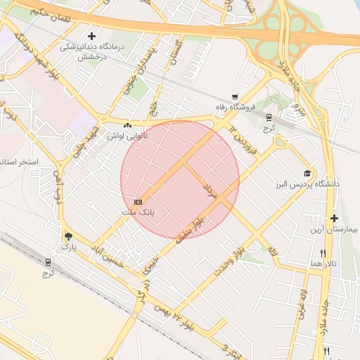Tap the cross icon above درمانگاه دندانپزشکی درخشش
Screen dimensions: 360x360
[x=91, y=36]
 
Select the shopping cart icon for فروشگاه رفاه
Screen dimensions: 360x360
[x=235, y=98]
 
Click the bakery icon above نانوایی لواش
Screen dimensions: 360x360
[x=127, y=126]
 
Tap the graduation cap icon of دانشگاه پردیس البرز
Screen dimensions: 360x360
[x=307, y=173]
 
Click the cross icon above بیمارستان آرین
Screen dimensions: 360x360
[x=334, y=219]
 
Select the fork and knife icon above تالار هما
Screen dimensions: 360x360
[x=323, y=253]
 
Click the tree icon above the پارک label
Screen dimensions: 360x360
[x=68, y=237]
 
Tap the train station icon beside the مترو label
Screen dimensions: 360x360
[x=269, y=116]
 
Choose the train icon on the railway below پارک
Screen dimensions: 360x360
[x=48, y=261]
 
